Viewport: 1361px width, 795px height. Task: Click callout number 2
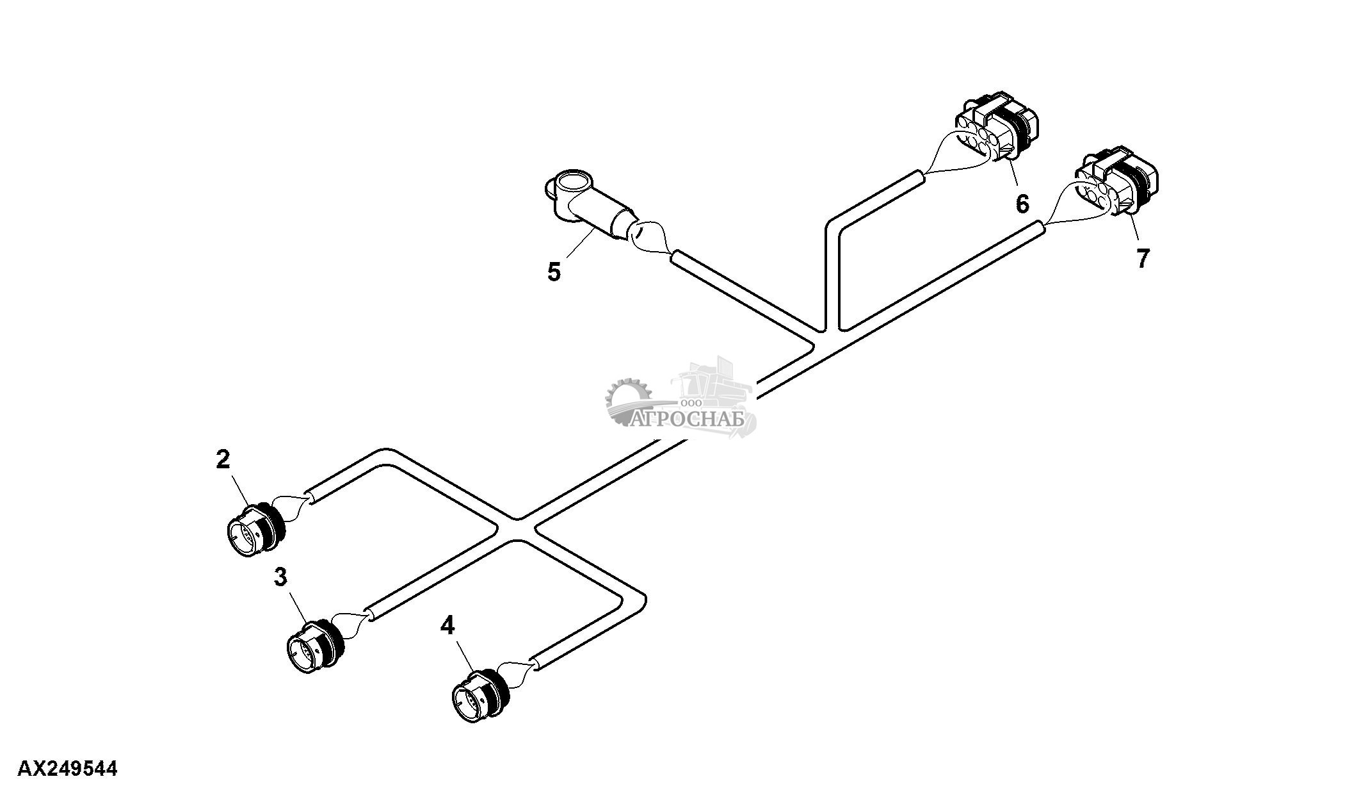point(223,459)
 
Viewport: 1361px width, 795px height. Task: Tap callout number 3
point(280,577)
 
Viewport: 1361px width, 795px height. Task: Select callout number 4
point(447,625)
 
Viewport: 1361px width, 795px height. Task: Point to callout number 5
point(554,272)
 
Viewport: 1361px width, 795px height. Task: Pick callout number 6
point(1022,204)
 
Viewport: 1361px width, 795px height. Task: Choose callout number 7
point(1143,258)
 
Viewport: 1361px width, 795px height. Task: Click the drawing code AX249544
point(67,768)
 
